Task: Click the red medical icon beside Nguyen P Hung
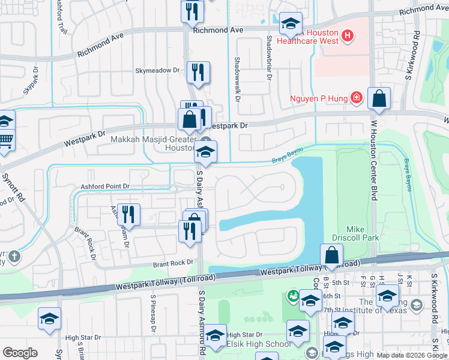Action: click(x=357, y=97)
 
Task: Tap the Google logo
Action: click(x=20, y=352)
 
